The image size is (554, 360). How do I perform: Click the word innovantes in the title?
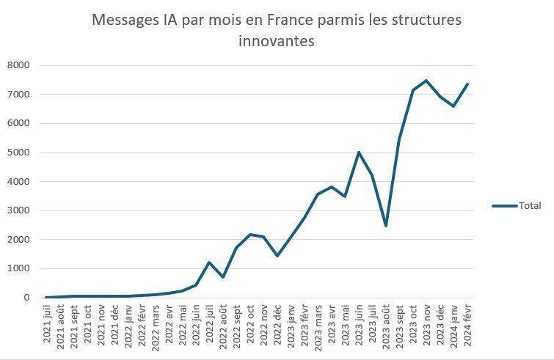point(277,41)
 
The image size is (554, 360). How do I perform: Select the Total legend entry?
point(530,206)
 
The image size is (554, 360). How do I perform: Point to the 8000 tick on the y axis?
point(18,66)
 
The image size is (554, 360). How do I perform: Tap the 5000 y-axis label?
point(18,153)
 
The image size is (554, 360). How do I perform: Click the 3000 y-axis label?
point(18,210)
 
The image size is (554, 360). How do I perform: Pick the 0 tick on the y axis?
point(26,298)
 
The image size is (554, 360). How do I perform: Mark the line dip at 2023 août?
point(385,226)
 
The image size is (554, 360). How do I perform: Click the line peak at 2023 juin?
point(358,153)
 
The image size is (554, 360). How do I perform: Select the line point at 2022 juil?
point(209,262)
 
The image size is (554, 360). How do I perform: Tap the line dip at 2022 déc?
point(277,256)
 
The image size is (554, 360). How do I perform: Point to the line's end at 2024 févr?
point(467,84)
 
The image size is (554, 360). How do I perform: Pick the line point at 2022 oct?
point(250,235)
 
